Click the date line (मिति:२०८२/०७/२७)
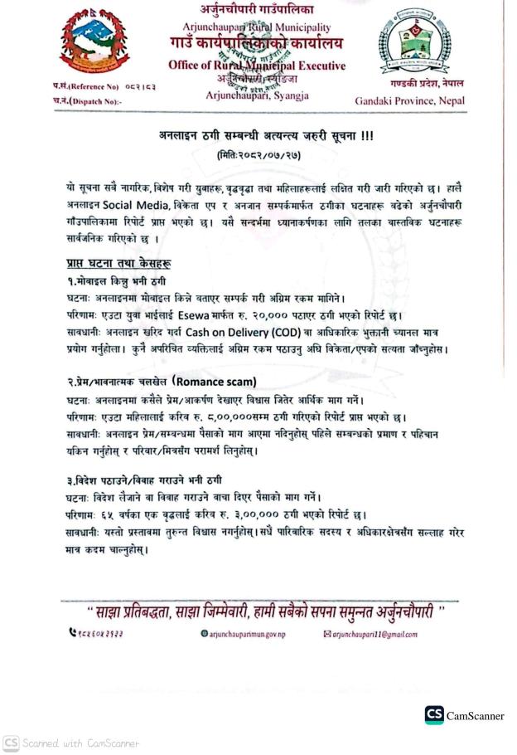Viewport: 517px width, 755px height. tap(259, 153)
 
